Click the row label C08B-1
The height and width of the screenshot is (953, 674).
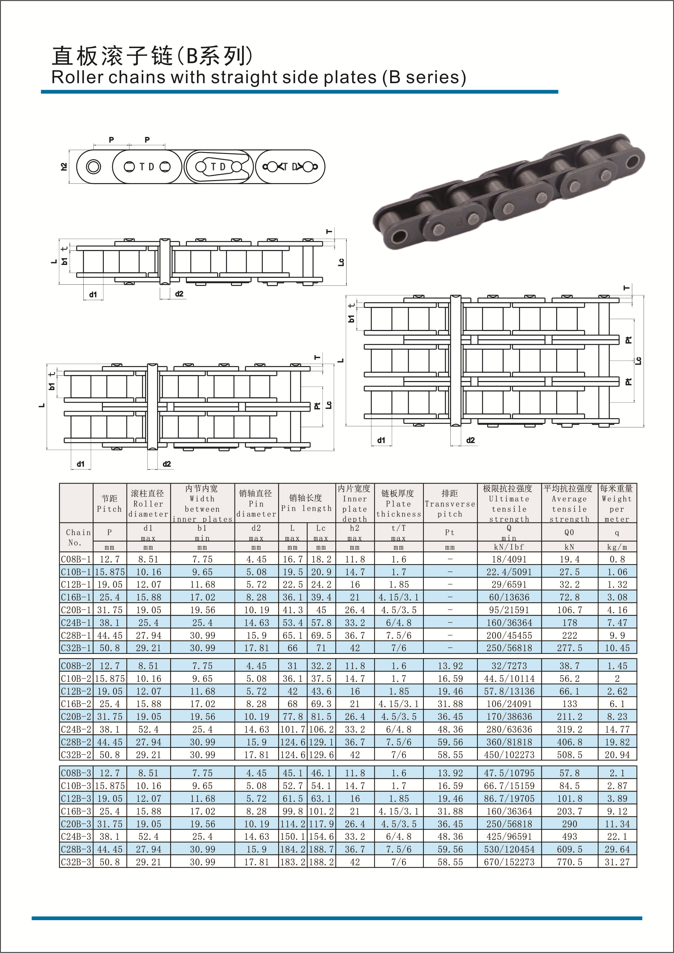point(76,559)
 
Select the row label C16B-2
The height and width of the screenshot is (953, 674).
point(76,704)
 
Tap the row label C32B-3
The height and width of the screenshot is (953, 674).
point(76,862)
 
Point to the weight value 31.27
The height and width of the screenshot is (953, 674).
point(617,862)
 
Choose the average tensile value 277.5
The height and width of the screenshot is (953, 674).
point(570,648)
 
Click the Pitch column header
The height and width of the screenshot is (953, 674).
point(110,503)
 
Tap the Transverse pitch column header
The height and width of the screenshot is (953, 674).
point(450,503)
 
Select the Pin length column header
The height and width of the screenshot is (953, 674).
point(306,503)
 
